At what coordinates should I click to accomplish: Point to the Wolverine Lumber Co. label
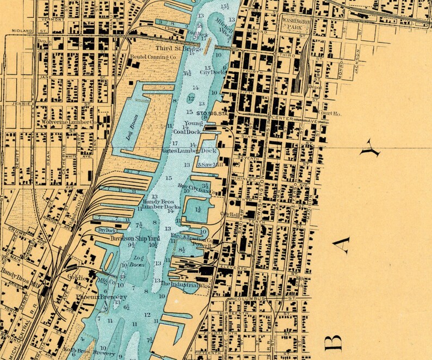[67, 122]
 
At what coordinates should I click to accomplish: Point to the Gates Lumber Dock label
[189, 150]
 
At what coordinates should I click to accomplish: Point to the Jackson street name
[357, 60]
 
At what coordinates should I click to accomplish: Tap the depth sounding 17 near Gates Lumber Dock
[175, 142]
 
